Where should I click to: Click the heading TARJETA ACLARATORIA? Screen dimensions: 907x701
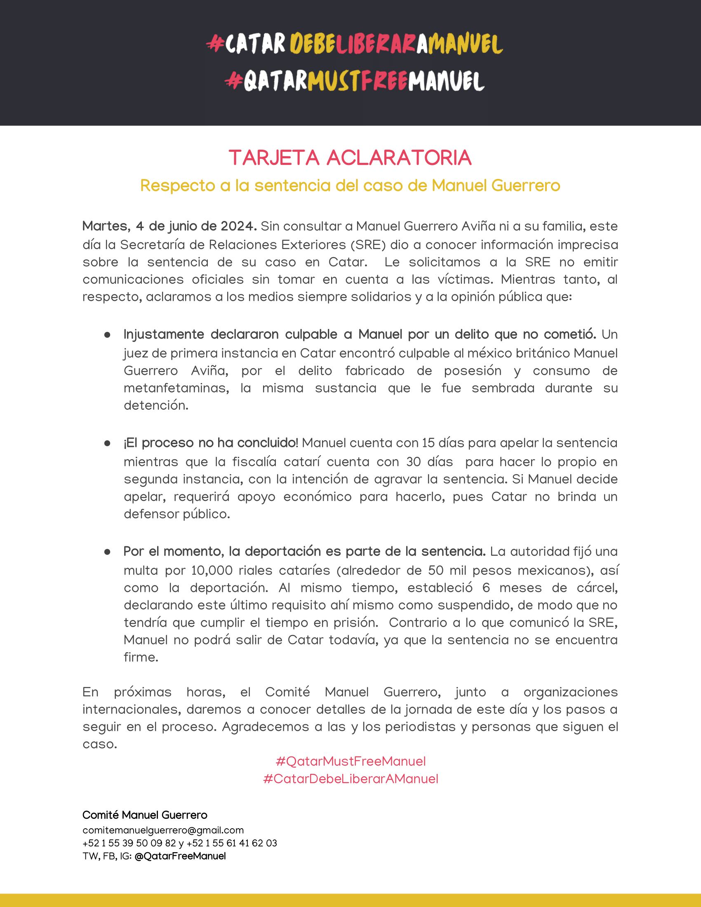(x=350, y=158)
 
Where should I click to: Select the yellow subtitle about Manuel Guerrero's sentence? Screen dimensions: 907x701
(x=350, y=185)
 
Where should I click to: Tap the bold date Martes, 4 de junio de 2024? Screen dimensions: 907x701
(x=169, y=226)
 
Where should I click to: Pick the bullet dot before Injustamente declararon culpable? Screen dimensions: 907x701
(x=107, y=335)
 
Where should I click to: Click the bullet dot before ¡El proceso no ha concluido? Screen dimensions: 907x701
(x=107, y=444)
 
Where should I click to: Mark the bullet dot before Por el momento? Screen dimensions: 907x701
(x=107, y=552)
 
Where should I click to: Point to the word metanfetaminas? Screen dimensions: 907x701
(x=176, y=388)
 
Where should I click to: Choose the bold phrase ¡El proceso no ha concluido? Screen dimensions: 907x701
(x=211, y=443)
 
